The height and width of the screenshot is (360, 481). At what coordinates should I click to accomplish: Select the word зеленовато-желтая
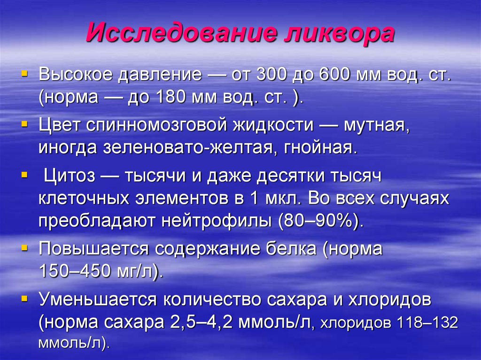click(187, 148)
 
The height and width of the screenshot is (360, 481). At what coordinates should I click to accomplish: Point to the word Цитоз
click(69, 176)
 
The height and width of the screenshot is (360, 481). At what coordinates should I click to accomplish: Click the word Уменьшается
click(98, 300)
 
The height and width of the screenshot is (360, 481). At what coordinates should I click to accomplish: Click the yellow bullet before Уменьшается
click(24, 299)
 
